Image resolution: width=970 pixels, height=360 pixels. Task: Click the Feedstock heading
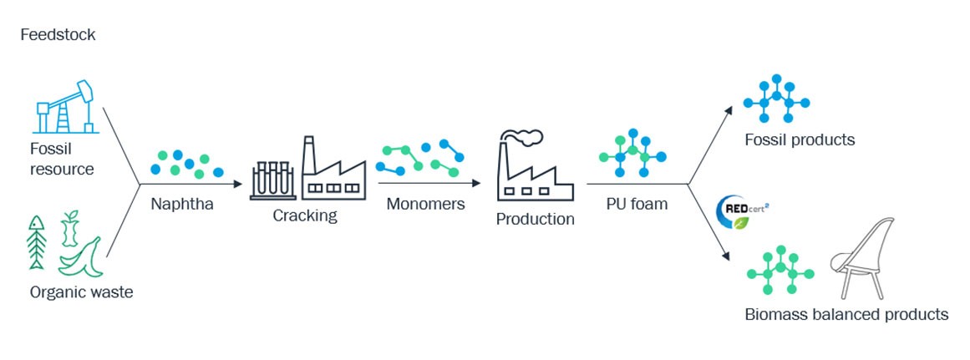click(58, 34)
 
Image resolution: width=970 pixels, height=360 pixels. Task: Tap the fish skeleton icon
click(37, 242)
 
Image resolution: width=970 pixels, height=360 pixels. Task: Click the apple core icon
click(70, 229)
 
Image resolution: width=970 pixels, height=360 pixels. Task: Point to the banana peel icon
click(80, 257)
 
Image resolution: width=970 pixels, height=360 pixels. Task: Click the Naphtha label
click(182, 204)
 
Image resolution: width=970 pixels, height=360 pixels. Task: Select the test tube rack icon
click(273, 180)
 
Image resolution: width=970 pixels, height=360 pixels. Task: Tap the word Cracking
click(305, 215)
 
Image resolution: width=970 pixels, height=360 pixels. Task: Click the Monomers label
click(425, 204)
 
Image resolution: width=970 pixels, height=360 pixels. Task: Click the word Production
click(535, 220)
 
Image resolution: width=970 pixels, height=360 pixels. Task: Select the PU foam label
click(636, 204)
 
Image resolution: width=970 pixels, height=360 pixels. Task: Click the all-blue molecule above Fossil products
click(776, 99)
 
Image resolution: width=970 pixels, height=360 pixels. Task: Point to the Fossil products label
click(800, 139)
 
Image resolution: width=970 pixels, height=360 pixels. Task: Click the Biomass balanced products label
click(846, 314)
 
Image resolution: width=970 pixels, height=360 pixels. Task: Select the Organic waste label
click(81, 292)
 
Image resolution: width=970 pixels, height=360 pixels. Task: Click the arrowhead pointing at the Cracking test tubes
click(237, 185)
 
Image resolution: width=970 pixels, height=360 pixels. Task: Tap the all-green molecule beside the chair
click(780, 270)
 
